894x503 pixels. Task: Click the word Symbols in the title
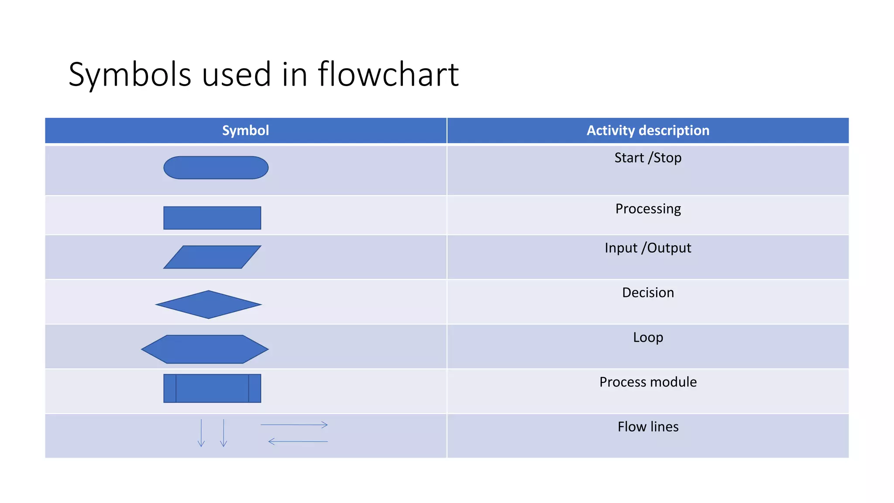click(130, 75)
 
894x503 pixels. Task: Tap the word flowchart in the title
click(388, 75)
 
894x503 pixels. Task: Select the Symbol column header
click(245, 131)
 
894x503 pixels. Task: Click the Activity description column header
click(648, 131)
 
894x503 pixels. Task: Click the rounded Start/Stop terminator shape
click(216, 168)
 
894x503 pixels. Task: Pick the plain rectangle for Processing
click(212, 218)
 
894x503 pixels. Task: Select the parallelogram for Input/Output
click(212, 257)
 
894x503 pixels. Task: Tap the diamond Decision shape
click(209, 304)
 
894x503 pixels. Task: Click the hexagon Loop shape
click(205, 349)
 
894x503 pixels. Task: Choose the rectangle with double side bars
click(212, 388)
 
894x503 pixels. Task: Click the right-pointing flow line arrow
click(294, 424)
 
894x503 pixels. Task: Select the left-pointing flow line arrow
click(298, 441)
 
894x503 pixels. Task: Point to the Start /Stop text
click(648, 158)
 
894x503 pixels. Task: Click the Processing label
click(648, 209)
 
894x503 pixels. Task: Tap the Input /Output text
click(648, 248)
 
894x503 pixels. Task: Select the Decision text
click(648, 293)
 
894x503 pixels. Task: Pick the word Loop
click(648, 338)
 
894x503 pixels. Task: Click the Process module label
click(648, 382)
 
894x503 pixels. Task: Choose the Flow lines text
click(648, 427)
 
